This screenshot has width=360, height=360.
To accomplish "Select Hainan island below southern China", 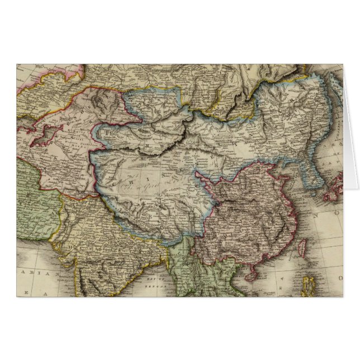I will tap(252, 274).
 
